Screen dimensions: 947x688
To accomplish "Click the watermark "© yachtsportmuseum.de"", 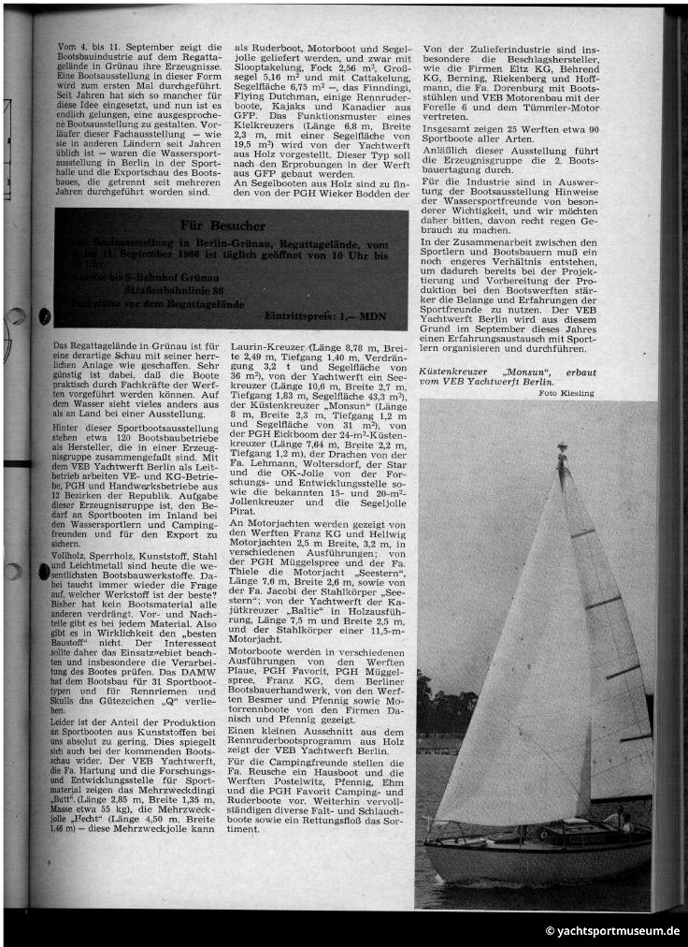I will pyautogui.click(x=612, y=931).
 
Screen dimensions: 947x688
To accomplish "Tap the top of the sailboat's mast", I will pyautogui.click(x=561, y=451).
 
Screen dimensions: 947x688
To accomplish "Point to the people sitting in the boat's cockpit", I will pyautogui.click(x=617, y=822).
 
